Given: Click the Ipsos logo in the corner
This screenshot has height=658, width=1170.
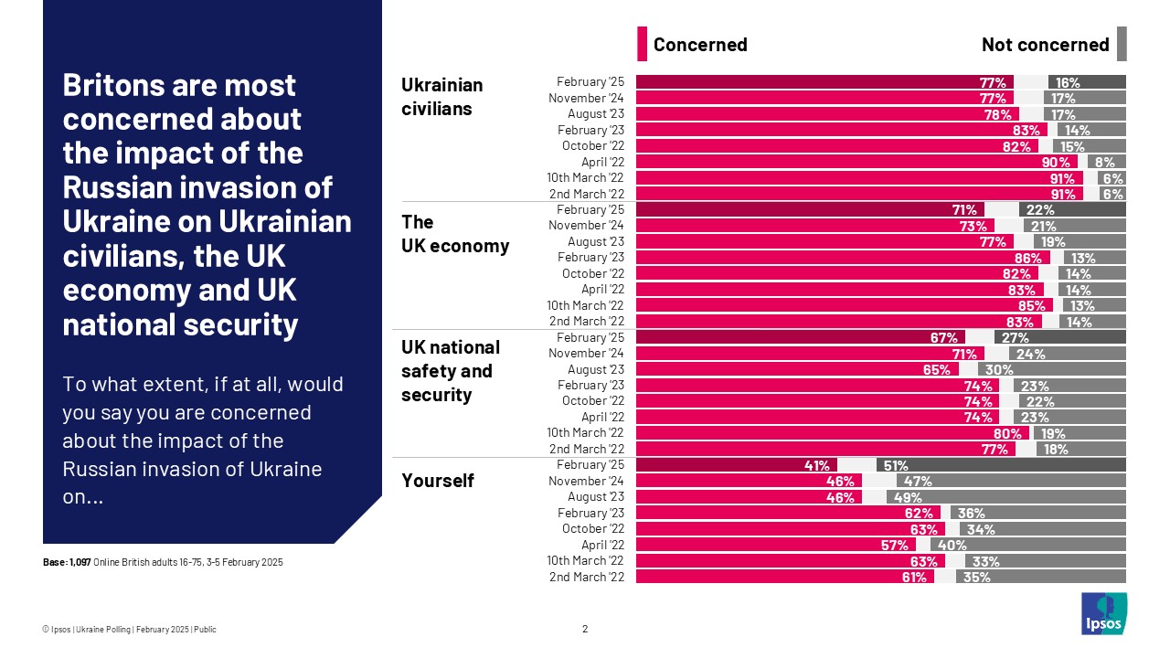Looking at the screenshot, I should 1104,613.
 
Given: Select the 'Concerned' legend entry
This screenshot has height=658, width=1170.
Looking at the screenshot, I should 699,45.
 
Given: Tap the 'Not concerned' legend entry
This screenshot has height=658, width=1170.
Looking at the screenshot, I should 1045,45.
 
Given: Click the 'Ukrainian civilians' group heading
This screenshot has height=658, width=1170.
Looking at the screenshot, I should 442,97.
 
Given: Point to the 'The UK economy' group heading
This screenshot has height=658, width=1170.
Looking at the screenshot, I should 455,234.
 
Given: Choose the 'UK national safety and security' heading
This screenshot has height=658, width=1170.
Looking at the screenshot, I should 451,371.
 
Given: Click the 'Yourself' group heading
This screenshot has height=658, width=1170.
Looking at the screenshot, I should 438,481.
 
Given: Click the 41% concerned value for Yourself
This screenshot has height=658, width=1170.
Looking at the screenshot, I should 816,465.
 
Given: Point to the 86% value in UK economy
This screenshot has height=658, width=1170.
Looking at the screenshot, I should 1027,258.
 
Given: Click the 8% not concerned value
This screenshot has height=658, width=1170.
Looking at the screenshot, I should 1104,162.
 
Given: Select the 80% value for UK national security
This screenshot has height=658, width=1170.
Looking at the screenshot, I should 1007,433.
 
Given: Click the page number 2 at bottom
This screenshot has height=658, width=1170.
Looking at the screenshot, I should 585,629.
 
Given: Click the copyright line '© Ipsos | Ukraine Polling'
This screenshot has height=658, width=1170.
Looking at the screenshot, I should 129,629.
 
